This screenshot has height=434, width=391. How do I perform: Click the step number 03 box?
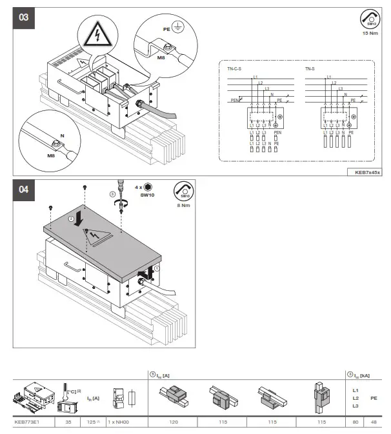[x=24, y=18]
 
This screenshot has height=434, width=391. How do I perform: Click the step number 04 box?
[x=24, y=191]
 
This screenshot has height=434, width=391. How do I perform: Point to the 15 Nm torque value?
[x=370, y=33]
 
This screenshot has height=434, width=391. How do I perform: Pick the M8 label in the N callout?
[x=49, y=155]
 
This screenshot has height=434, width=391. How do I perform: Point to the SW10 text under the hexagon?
[x=148, y=195]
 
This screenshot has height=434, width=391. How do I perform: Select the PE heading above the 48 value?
[x=374, y=399]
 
